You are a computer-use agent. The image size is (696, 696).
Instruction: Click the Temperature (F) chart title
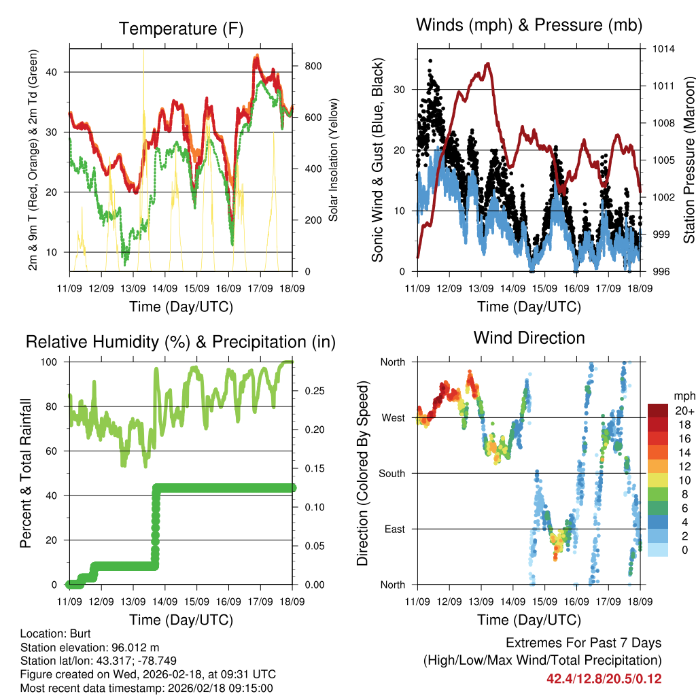pyautogui.click(x=181, y=29)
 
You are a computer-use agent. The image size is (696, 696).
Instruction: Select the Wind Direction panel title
pyautogui.click(x=529, y=337)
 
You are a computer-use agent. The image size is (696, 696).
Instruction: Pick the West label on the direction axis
pyautogui.click(x=392, y=417)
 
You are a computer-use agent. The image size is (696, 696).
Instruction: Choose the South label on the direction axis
pyautogui.click(x=391, y=473)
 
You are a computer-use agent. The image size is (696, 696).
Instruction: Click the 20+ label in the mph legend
pyautogui.click(x=684, y=411)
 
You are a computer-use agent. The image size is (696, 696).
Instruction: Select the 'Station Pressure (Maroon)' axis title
pyautogui.click(x=688, y=160)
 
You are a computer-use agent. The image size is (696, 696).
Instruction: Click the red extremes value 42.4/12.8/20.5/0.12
pyautogui.click(x=604, y=678)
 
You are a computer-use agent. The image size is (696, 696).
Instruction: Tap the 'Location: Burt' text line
pyautogui.click(x=51, y=633)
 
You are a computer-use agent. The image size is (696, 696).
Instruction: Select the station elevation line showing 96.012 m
pyautogui.click(x=90, y=647)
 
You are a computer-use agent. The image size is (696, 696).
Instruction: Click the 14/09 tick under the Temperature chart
pyautogui.click(x=165, y=288)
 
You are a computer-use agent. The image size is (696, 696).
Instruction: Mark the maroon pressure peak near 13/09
pyautogui.click(x=487, y=63)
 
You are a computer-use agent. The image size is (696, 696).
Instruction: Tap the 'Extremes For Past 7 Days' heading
pyautogui.click(x=583, y=643)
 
